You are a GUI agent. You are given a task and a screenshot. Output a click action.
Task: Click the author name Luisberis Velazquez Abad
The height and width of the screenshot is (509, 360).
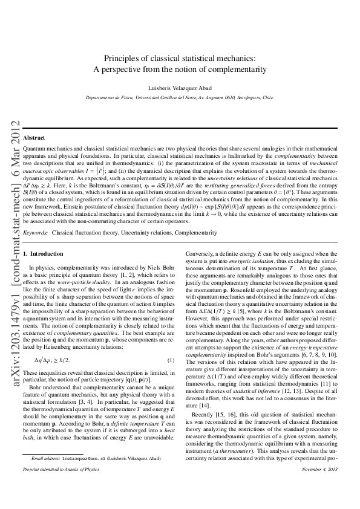[x=180, y=87]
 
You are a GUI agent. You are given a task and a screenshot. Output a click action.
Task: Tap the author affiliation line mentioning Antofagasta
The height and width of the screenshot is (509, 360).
[x=180, y=97]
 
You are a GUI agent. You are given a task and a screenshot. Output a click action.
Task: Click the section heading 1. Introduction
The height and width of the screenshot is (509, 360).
[x=42, y=253]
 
